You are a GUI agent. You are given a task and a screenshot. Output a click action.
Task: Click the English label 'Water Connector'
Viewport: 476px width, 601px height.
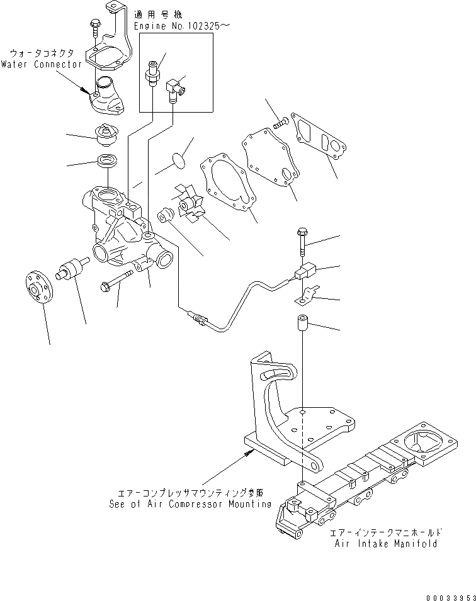click(x=41, y=64)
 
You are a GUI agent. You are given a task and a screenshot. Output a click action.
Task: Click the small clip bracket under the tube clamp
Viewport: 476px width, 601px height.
click(x=307, y=295)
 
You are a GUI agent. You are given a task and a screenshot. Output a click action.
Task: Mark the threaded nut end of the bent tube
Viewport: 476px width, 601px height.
click(x=197, y=318)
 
